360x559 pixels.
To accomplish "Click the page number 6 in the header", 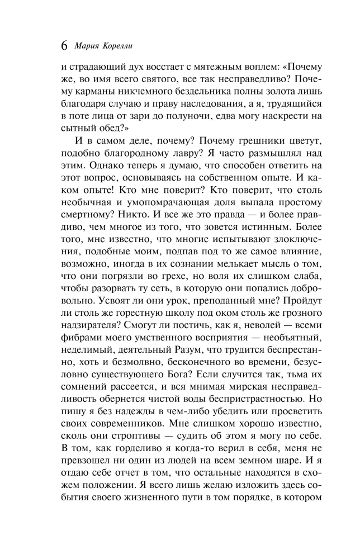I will [63, 44].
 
